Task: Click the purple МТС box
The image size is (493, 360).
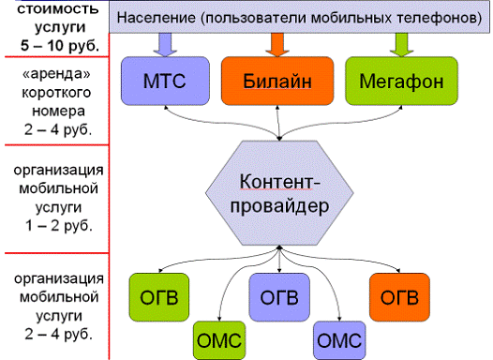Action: [165, 81]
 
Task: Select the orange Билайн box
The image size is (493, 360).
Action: [277, 81]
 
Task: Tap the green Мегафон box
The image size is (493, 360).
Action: [401, 81]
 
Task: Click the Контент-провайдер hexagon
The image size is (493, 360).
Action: [279, 193]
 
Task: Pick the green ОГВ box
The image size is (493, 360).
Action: [159, 297]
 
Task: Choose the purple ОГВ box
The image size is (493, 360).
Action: [279, 297]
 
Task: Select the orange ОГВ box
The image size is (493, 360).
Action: [399, 297]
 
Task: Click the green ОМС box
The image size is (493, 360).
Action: [219, 340]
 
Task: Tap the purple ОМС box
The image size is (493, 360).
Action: [339, 340]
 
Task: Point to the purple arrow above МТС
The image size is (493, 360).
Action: [165, 45]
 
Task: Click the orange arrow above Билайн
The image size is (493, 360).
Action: [277, 45]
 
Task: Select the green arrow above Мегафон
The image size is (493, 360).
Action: [401, 45]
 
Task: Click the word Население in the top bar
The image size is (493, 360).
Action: [156, 17]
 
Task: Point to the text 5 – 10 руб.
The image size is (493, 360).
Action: [60, 46]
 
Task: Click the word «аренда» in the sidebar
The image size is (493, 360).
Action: [56, 74]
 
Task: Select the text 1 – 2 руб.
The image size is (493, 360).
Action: [59, 225]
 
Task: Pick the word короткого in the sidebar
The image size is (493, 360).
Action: [56, 93]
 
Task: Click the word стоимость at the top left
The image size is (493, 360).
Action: [58, 8]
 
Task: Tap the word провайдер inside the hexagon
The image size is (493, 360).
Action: [279, 206]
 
